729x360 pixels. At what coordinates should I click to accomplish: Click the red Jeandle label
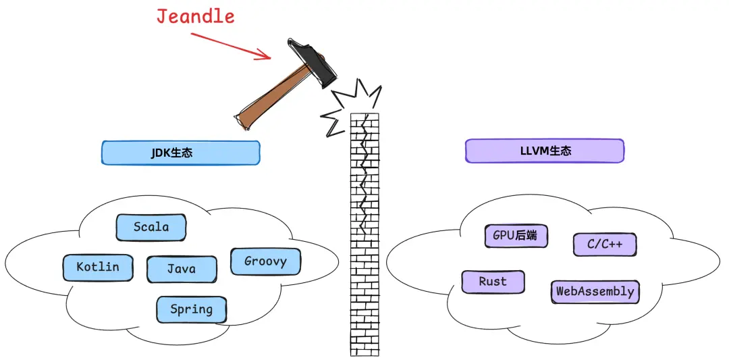pos(195,16)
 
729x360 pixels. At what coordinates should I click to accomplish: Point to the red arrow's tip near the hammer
pos(271,58)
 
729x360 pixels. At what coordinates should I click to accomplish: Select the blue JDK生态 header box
pos(180,153)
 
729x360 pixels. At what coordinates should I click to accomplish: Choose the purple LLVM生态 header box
pos(545,151)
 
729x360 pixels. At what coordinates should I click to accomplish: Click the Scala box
pos(151,228)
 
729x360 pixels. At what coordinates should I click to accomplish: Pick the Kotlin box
pos(98,267)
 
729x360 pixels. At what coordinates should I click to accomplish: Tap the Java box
pos(182,269)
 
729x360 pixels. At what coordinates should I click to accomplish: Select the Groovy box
pos(265,261)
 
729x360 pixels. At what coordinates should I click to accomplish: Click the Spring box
pos(192,310)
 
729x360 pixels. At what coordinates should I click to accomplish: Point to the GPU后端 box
pos(516,236)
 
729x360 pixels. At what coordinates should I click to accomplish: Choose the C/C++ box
pos(605,245)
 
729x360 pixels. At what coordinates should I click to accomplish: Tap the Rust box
pos(493,282)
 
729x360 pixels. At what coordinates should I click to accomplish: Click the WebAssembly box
pos(595,292)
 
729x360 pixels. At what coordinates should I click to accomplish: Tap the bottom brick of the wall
pos(364,352)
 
